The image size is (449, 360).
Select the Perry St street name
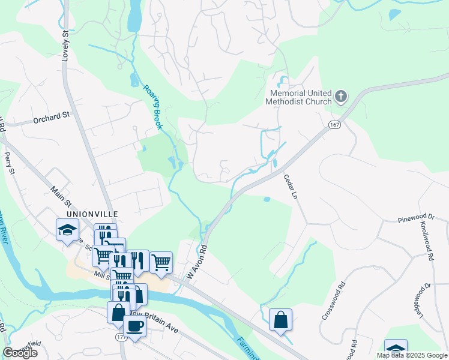[x=8, y=163]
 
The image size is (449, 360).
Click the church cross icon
[x=341, y=97]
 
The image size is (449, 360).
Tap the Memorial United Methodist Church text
[x=301, y=97]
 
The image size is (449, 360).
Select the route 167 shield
[x=335, y=124]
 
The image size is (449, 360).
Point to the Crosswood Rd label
[x=333, y=301]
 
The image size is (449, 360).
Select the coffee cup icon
[x=134, y=326]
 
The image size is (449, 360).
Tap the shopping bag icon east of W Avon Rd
[x=280, y=320]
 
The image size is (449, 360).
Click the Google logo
[x=20, y=353]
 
